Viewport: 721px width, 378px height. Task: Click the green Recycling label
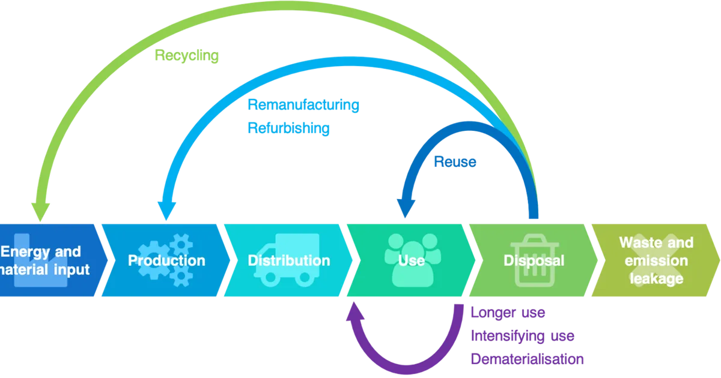[x=187, y=56]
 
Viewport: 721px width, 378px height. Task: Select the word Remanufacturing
[x=303, y=105]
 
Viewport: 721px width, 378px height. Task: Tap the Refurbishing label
[x=288, y=128]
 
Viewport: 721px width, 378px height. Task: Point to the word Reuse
[x=455, y=161]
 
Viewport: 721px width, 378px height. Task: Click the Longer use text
[x=508, y=313]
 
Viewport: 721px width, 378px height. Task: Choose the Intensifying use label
[x=522, y=336]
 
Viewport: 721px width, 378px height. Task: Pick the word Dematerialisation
[x=527, y=359]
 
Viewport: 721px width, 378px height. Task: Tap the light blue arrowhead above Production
[x=166, y=211]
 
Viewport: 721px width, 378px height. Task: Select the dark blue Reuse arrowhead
[x=406, y=208]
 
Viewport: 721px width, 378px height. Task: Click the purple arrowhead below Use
[x=354, y=311]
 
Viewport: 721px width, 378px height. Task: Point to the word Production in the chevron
[x=166, y=260]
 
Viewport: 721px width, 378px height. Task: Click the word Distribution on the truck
[x=289, y=260]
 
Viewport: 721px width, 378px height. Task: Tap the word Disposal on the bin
[x=534, y=260]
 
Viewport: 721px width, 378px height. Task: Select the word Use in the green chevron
[x=411, y=260]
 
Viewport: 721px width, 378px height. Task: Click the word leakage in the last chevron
[x=656, y=278]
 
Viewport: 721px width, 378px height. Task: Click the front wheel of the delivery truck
[x=270, y=278]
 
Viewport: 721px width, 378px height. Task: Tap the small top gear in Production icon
[x=181, y=245]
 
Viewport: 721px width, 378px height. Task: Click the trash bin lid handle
[x=534, y=239]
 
